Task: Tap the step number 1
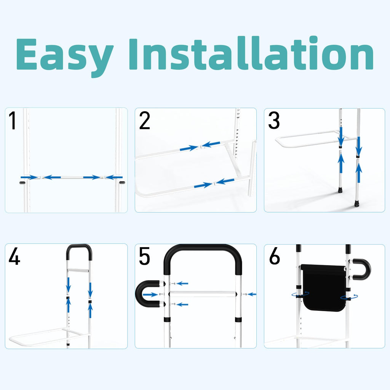point(13,120)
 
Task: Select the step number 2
point(144,120)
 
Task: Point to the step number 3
point(274,120)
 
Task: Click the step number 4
point(14,256)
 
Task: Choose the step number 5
point(144,256)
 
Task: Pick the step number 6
point(274,256)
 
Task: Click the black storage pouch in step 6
point(323,287)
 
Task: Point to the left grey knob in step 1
point(22,183)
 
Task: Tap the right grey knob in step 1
point(122,183)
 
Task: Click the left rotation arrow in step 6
point(300,294)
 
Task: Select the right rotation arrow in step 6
point(349,297)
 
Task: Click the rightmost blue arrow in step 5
point(252,294)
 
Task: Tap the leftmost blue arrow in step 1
point(29,177)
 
